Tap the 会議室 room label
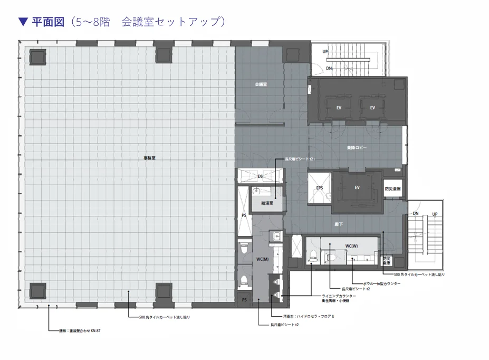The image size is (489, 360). (261, 84)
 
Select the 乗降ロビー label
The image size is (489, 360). (357, 148)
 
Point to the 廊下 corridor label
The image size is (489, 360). (339, 224)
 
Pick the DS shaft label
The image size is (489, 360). (260, 176)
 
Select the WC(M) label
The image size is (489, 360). (262, 259)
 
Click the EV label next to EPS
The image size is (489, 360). (357, 187)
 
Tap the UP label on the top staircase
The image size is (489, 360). (325, 52)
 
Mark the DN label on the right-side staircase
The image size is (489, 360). (416, 214)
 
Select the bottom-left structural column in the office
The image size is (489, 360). (37, 290)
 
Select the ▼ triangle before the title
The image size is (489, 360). (23, 22)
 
